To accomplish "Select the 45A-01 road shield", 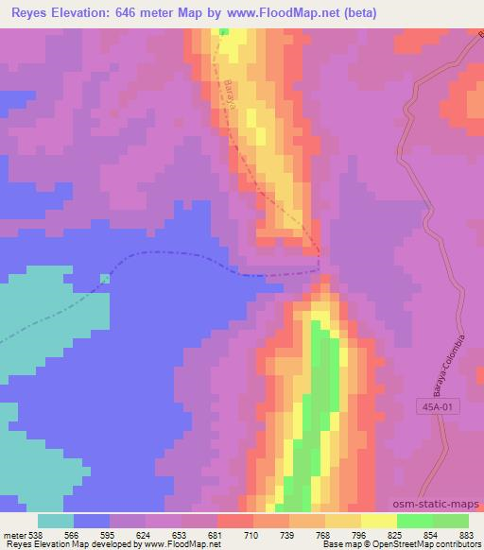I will pos(434,406).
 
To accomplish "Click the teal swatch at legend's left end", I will pos(56,521).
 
